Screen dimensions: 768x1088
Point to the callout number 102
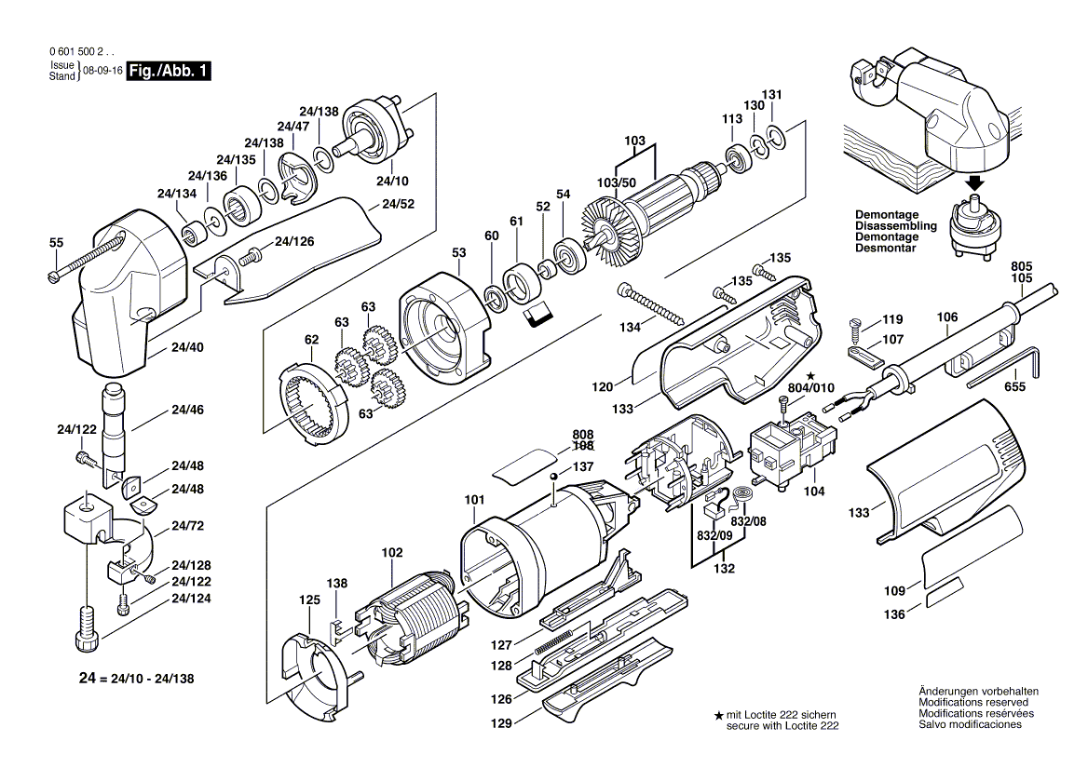pyautogui.click(x=392, y=552)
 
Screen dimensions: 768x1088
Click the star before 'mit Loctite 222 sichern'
pyautogui.click(x=718, y=714)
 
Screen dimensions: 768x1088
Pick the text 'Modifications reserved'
pyautogui.click(x=972, y=702)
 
